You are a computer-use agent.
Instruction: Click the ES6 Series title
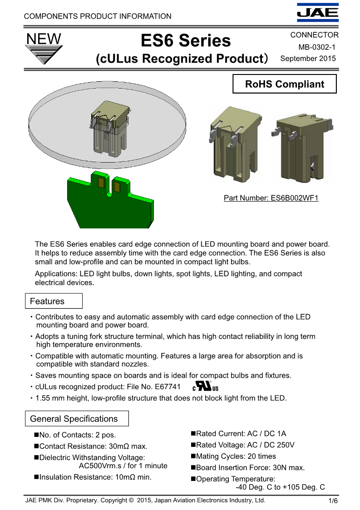pos(186,41)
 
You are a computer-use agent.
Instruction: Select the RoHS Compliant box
pos(285,84)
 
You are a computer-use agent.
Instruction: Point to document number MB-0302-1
pos(317,47)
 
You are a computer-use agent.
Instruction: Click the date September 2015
pos(308,58)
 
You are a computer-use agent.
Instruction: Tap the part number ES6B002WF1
pos(271,198)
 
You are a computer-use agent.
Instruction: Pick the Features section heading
pos(47,301)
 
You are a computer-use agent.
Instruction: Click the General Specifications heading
pos(74,419)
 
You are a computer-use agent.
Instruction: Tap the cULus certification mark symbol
pos(206,387)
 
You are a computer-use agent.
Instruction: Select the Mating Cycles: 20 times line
pos(236,456)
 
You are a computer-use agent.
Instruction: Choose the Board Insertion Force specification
pos(250,467)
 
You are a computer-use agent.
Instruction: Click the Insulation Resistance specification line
pos(95,477)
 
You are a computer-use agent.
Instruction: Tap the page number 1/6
pos(333,501)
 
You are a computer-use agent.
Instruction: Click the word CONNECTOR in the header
pos(314,35)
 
